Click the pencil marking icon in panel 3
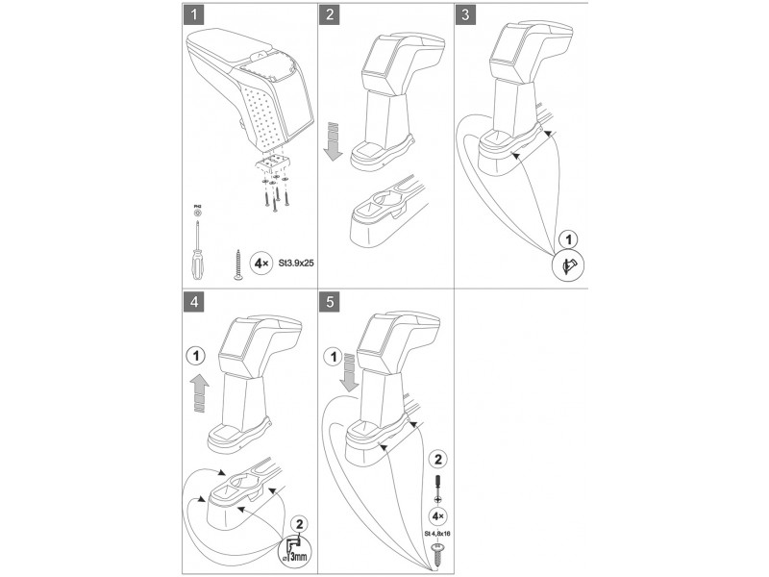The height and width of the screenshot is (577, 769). [x=567, y=263]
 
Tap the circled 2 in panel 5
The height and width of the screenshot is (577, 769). [x=436, y=459]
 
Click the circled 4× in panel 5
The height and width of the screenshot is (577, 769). [x=436, y=515]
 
